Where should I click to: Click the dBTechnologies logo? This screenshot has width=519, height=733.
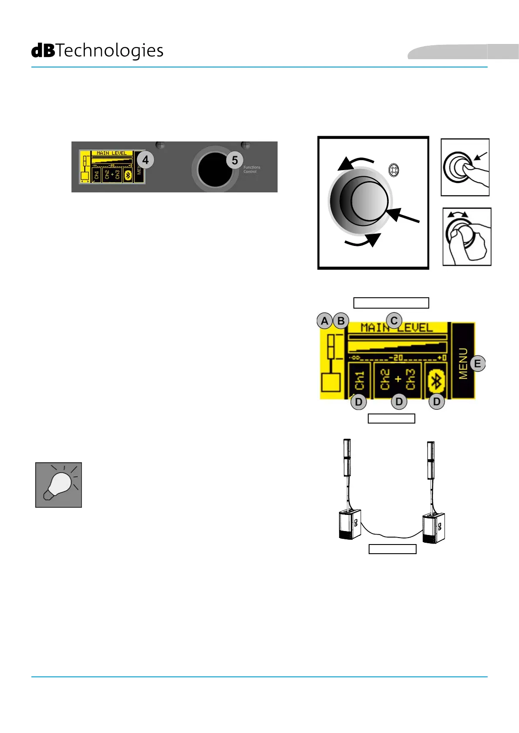click(x=97, y=51)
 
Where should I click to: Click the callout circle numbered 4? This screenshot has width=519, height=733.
click(x=146, y=160)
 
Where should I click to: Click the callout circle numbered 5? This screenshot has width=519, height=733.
click(x=234, y=160)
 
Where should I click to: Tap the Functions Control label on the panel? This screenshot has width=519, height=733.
click(x=252, y=169)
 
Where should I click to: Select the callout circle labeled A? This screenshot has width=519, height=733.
click(x=325, y=321)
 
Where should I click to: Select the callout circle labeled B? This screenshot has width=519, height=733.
click(x=341, y=321)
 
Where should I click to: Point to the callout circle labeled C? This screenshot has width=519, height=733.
click(x=394, y=321)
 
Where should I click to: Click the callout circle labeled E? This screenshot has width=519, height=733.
click(x=478, y=363)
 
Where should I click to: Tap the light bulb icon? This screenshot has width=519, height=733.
click(x=58, y=485)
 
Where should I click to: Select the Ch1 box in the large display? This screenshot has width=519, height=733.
click(x=360, y=381)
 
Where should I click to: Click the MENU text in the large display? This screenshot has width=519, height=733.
click(x=463, y=363)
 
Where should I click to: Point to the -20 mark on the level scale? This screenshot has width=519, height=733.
click(x=396, y=358)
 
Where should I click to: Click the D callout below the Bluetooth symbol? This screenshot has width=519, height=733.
click(x=437, y=402)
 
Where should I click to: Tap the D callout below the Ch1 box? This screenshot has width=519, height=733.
click(x=359, y=402)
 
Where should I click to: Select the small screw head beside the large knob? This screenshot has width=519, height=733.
click(x=393, y=170)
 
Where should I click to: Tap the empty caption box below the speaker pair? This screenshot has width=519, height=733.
click(x=392, y=549)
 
